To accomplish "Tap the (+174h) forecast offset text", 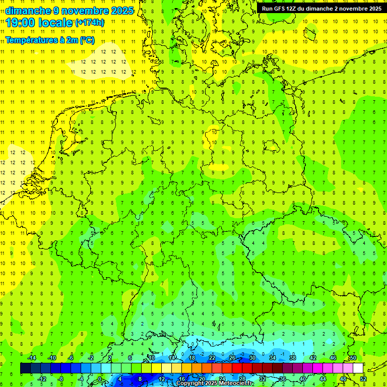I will pyautogui.click(x=90, y=23).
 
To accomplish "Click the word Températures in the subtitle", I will pyautogui.click(x=30, y=40).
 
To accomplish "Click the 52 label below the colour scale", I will pyautogui.click(x=363, y=379).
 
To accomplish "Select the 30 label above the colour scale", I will pyautogui.click(x=252, y=358).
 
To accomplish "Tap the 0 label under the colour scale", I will pyautogui.click(x=100, y=379).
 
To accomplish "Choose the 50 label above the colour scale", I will pyautogui.click(x=353, y=358).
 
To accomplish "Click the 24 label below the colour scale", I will pyautogui.click(x=222, y=379).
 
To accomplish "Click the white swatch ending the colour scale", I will pyautogui.click(x=358, y=368).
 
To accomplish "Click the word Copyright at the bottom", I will pyautogui.click(x=192, y=383).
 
